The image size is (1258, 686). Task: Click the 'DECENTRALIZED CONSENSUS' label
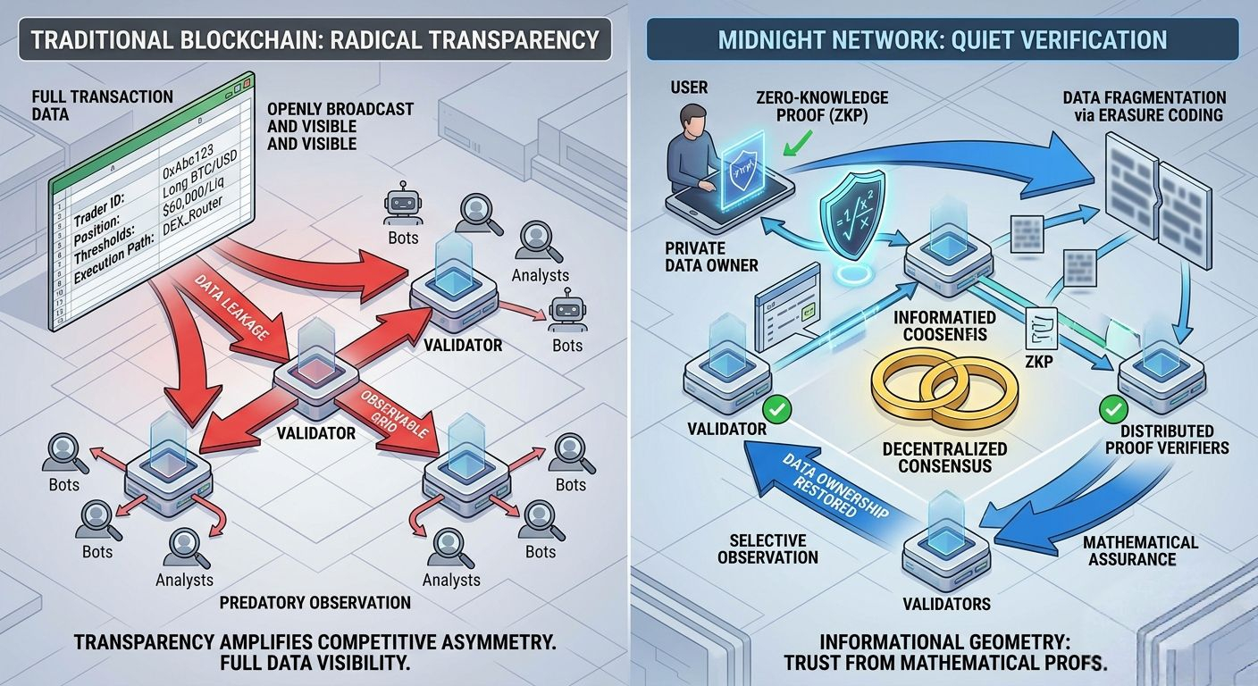click(x=944, y=457)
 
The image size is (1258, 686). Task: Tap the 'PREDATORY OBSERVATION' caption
click(x=315, y=602)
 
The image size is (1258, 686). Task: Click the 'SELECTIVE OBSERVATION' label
click(x=774, y=548)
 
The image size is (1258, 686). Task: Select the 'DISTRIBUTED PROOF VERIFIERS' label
click(x=1174, y=439)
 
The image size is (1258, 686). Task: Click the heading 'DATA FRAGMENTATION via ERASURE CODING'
click(x=1145, y=106)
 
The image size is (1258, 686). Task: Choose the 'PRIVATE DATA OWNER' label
click(x=712, y=255)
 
